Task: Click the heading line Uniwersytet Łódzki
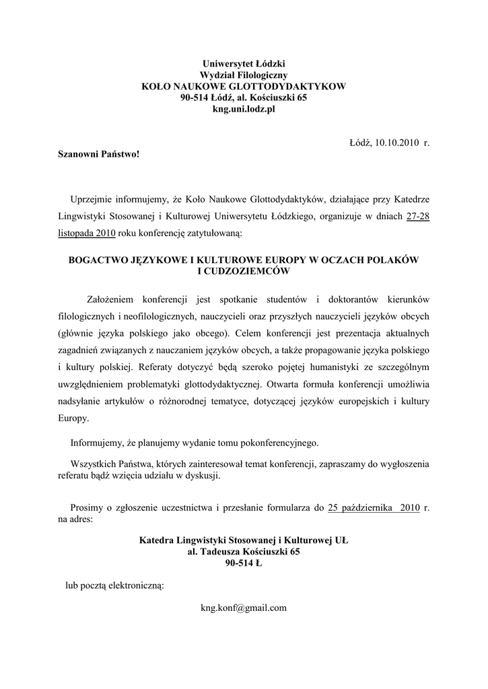point(243,64)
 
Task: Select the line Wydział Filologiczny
point(243,75)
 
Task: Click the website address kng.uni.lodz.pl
point(243,110)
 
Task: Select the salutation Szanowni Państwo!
point(98,154)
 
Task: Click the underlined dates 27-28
point(419,217)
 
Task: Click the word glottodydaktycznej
point(224,385)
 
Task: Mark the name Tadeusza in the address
point(219,551)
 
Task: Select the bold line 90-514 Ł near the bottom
point(244,563)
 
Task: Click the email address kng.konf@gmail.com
point(244,608)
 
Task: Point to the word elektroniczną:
point(134,585)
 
